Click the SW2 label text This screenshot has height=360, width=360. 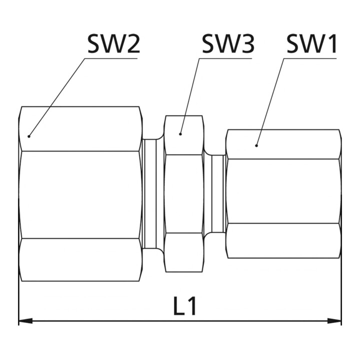tap(113, 44)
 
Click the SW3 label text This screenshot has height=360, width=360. tap(228, 44)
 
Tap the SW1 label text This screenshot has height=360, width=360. tap(312, 44)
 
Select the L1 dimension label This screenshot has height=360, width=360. tap(185, 306)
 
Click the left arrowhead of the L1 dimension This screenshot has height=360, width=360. tap(25, 320)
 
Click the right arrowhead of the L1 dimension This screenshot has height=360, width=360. tap(334, 320)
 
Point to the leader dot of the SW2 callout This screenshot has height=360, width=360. tap(29, 136)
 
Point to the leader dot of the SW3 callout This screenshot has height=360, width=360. tap(180, 134)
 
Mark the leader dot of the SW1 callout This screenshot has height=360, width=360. tap(256, 145)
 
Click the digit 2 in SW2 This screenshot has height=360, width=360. tap(133, 44)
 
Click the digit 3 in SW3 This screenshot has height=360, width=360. tap(248, 44)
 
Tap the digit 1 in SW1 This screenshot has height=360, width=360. tap(332, 44)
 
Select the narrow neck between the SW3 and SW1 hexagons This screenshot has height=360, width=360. tap(214, 194)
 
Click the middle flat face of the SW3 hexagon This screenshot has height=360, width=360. tap(184, 194)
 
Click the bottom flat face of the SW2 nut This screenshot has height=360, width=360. tap(80, 259)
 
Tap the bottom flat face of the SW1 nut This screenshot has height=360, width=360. tap(283, 240)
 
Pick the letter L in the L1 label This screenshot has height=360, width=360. tap(180, 306)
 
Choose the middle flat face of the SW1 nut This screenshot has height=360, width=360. tap(283, 191)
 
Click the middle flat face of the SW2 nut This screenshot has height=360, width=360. tap(80, 194)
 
